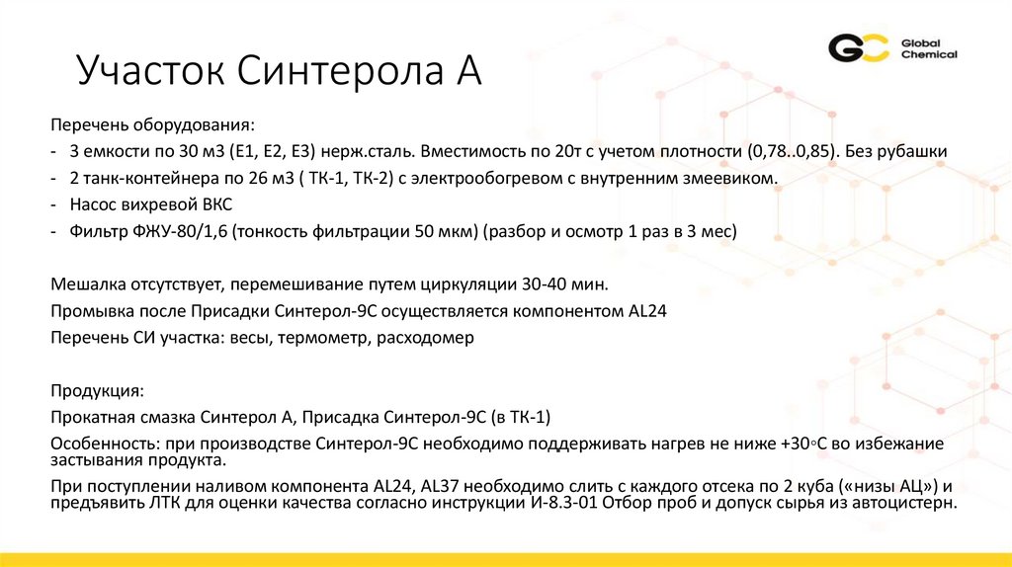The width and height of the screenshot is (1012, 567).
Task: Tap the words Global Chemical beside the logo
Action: point(928,48)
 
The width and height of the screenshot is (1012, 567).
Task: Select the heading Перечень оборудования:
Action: point(152,126)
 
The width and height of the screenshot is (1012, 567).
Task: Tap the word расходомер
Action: point(428,338)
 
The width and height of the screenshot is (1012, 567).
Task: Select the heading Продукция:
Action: point(98,391)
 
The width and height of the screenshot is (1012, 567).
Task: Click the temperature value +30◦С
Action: point(801,444)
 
